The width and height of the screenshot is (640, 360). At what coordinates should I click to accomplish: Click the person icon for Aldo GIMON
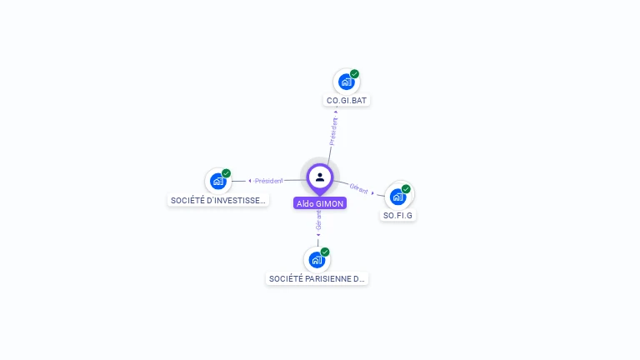(x=320, y=177)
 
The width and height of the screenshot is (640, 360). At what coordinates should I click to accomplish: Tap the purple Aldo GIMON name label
(x=320, y=203)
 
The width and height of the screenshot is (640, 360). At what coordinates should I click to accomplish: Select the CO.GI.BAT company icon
(x=346, y=82)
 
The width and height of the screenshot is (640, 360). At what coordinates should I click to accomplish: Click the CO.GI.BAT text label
(x=347, y=100)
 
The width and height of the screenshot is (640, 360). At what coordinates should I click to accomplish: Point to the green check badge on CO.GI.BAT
(x=354, y=74)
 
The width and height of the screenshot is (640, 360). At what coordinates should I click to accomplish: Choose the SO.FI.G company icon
(x=397, y=197)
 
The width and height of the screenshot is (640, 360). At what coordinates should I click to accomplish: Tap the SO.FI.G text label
(x=398, y=215)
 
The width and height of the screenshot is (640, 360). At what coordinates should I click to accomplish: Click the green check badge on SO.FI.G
(x=406, y=189)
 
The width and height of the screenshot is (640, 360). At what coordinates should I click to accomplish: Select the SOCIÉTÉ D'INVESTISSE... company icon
(x=217, y=181)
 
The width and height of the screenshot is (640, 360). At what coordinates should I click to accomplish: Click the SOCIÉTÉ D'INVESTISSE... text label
(x=218, y=200)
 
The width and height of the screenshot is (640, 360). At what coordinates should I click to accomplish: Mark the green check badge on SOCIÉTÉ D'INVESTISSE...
(x=226, y=173)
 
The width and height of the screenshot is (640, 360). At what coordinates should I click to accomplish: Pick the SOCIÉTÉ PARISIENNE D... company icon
(x=317, y=259)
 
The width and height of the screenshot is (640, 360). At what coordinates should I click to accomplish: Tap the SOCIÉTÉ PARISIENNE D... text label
(x=317, y=278)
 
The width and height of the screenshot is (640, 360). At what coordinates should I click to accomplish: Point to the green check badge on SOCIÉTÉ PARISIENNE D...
(x=325, y=252)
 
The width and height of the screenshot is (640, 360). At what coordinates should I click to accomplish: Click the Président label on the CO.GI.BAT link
(x=333, y=132)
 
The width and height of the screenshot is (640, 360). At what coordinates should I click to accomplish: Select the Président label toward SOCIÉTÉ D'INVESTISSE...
(x=269, y=181)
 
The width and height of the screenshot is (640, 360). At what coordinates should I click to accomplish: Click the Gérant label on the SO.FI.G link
(x=358, y=189)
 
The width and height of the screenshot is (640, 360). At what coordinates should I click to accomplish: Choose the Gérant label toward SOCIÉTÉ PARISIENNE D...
(x=318, y=219)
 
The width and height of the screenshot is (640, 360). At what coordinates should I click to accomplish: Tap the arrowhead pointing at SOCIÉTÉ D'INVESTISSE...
(x=250, y=181)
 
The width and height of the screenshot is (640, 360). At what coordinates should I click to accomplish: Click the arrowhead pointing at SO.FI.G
(x=373, y=192)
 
